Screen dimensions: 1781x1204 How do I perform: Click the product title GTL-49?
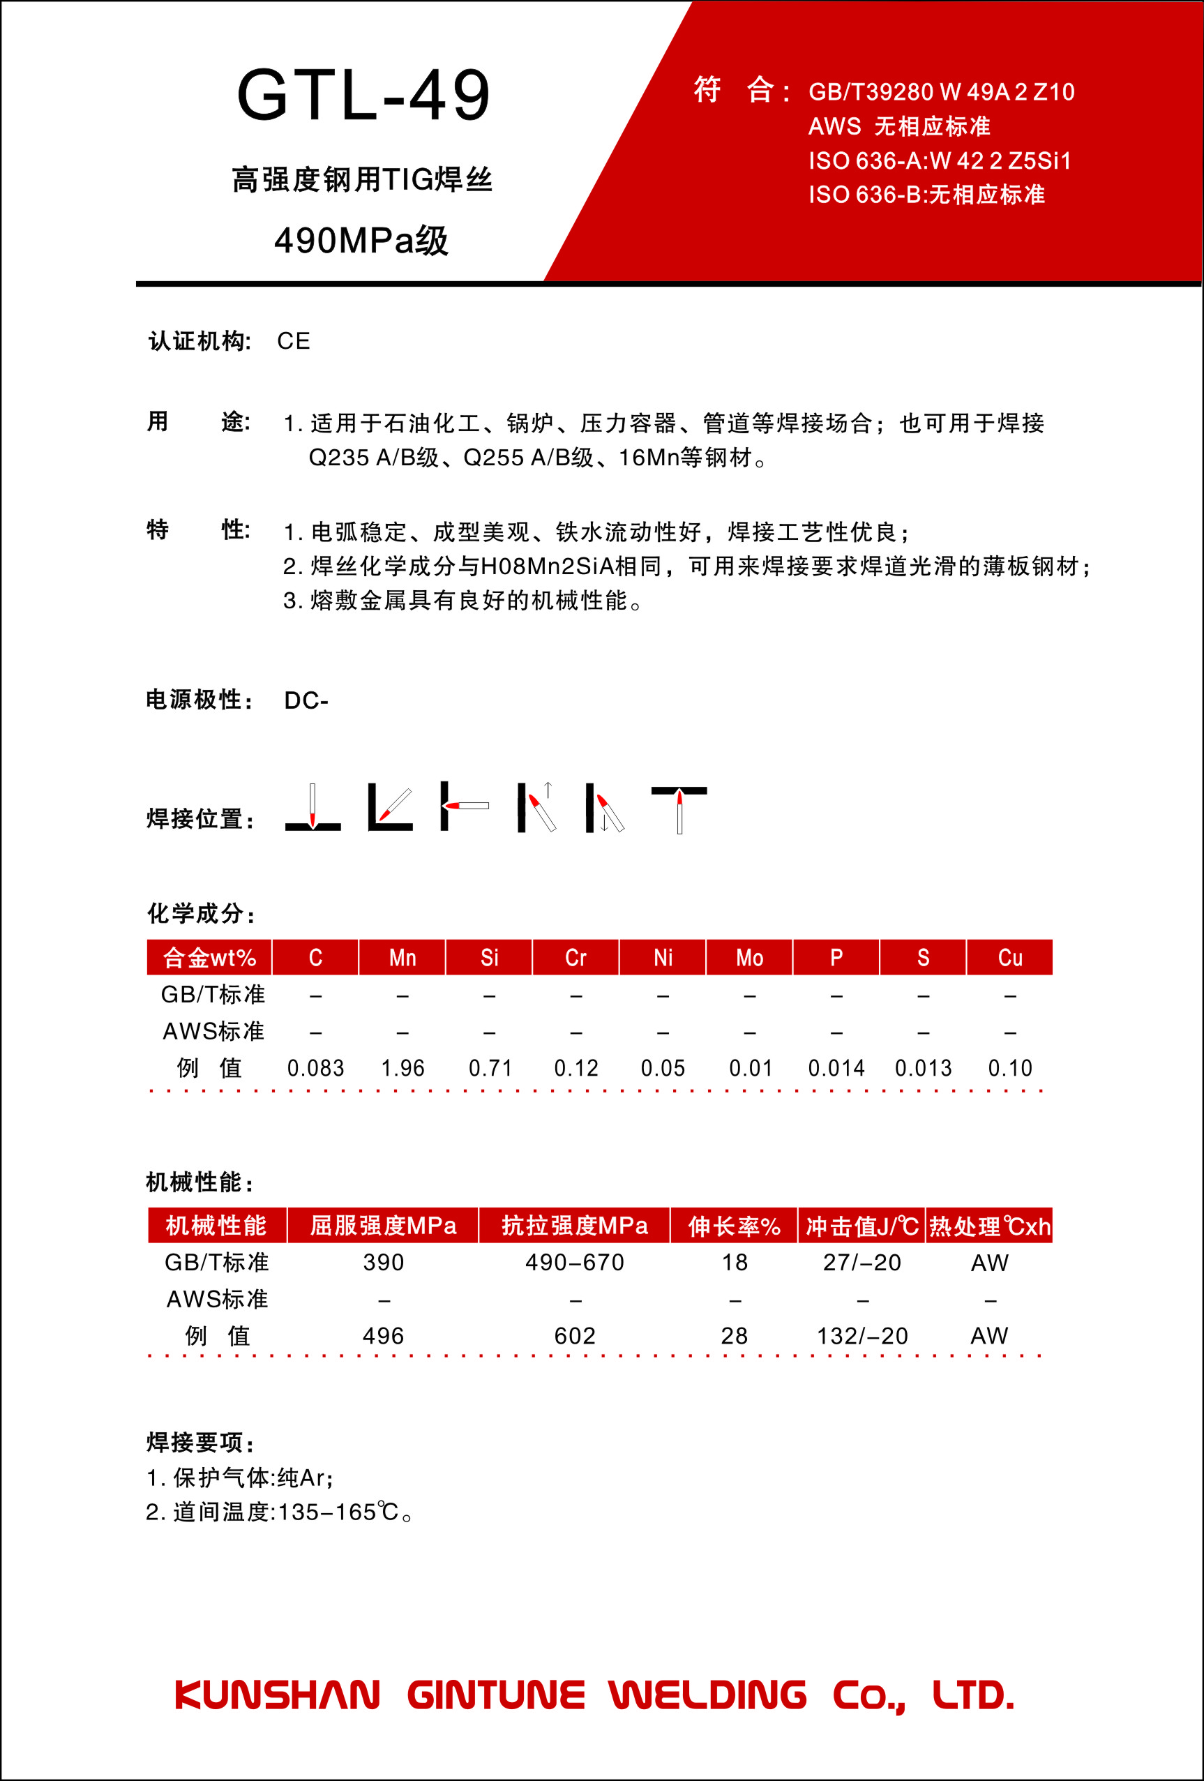pos(363,95)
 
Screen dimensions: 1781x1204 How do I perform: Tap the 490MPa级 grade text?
pos(361,241)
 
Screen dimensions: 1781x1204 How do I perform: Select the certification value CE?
pos(294,341)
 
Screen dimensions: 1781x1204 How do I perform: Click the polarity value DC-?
pos(306,700)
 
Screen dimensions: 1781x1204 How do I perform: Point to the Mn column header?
pos(402,957)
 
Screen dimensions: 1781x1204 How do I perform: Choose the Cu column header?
pos(1009,957)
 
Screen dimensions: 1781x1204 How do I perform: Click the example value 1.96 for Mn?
pos(402,1067)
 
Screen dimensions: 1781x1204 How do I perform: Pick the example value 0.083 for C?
pos(315,1067)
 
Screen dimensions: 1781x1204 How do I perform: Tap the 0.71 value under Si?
pos(490,1067)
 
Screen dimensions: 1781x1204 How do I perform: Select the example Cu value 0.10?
pos(1009,1067)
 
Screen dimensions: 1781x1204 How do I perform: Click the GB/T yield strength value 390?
pos(383,1262)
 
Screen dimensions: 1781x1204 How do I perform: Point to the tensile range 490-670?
pos(574,1262)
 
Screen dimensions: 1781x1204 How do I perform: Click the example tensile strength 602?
pos(574,1336)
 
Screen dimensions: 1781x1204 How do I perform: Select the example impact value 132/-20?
pos(861,1336)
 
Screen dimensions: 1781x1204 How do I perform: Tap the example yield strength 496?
pos(383,1336)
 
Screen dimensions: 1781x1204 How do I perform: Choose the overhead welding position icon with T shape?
pos(679,809)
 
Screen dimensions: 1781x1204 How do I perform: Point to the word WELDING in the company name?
pos(707,1695)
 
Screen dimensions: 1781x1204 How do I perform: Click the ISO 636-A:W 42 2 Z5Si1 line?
pos(940,161)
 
